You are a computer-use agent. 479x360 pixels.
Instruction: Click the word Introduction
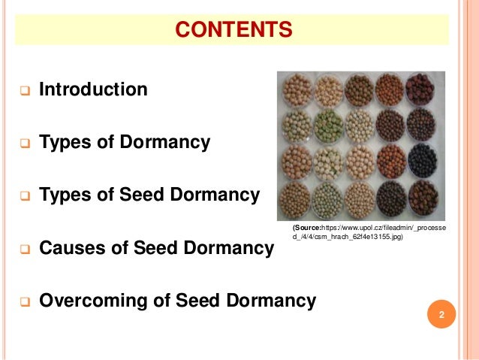[x=93, y=90]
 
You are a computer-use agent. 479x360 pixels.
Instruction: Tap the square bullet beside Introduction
[x=24, y=92]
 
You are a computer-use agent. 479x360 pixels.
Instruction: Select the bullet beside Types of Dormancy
[x=24, y=144]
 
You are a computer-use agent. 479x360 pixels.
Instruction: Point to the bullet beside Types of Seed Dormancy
[x=24, y=198]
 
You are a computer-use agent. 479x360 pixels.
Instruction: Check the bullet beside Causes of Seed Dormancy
[x=24, y=250]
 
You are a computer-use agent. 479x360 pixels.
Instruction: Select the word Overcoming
[x=87, y=301]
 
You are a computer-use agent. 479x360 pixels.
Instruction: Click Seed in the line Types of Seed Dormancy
[x=138, y=195]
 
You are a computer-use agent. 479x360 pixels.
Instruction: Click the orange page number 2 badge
[x=441, y=314]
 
